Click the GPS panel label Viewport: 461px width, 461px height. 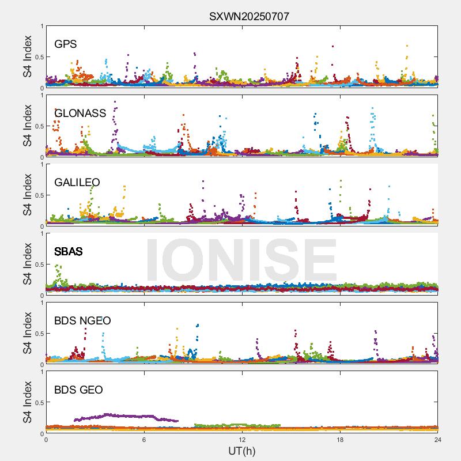tap(65, 44)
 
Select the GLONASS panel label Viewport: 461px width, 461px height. tap(80, 114)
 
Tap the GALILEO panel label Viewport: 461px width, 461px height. tap(77, 183)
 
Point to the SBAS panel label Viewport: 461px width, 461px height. tap(68, 252)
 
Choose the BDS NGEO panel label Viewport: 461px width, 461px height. tap(82, 321)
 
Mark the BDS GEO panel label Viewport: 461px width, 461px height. tap(78, 390)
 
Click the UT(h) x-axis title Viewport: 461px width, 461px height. tap(241, 451)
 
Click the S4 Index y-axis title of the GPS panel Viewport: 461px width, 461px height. tap(28, 56)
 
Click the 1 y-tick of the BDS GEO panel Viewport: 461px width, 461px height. tap(41, 372)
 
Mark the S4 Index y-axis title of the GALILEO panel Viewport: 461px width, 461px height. tap(28, 195)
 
